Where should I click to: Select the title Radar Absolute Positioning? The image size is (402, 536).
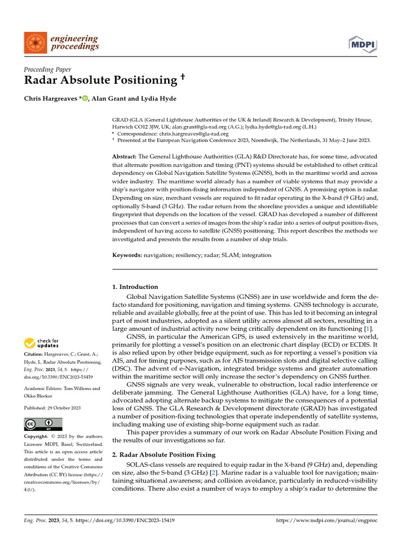point(100,80)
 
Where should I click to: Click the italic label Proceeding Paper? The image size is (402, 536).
point(48,69)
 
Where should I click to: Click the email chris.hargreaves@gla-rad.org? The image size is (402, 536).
point(206,133)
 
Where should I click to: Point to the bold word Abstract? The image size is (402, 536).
point(124,157)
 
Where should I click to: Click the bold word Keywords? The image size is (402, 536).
point(127,255)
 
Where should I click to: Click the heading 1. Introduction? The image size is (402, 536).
point(135,287)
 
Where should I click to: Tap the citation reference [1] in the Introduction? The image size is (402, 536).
point(368,328)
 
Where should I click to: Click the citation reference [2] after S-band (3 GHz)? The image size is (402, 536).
point(213,473)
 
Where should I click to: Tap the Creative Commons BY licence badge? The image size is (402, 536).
point(43,424)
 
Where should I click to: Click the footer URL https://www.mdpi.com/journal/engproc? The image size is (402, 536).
point(327,521)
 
